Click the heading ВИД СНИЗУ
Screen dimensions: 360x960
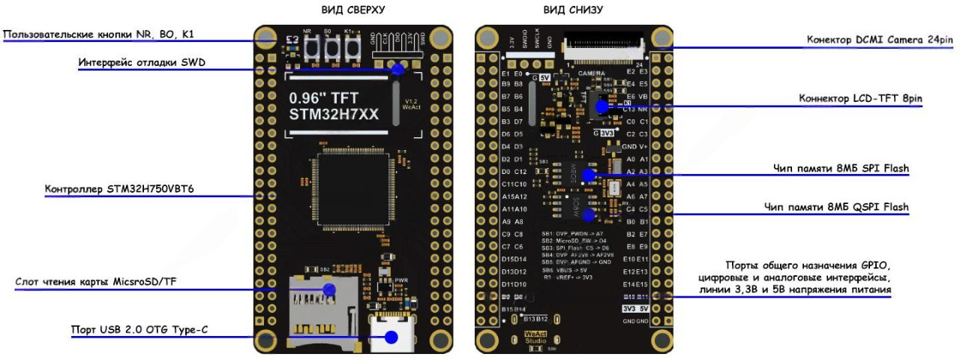pos(572,10)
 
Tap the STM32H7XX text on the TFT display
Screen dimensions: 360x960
pos(334,115)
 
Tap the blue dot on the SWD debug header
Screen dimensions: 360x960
pos(397,69)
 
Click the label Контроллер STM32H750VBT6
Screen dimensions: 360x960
pos(119,188)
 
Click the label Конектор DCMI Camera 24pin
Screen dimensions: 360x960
pos(880,40)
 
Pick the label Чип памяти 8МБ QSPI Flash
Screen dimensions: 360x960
pos(835,207)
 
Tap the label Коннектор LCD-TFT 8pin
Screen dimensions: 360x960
pos(860,98)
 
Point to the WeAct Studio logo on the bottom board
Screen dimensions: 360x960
pos(535,336)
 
